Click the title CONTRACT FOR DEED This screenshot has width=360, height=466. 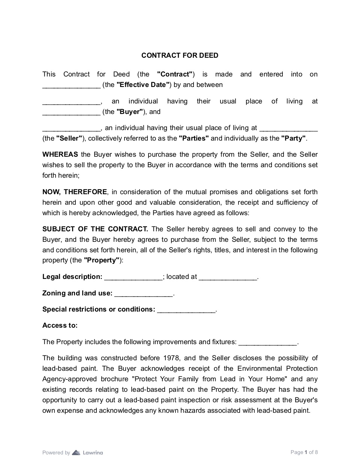click(180, 55)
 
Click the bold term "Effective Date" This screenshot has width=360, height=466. click(143, 85)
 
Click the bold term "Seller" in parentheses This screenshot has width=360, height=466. click(69, 138)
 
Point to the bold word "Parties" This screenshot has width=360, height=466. click(194, 138)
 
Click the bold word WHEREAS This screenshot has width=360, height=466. click(60, 154)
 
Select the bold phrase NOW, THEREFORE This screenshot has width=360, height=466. click(75, 192)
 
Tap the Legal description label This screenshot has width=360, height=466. click(72, 277)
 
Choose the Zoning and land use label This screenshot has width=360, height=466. click(77, 293)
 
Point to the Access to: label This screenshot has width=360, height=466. click(60, 325)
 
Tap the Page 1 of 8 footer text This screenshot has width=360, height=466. click(304, 452)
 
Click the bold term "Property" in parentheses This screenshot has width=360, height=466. click(101, 260)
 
